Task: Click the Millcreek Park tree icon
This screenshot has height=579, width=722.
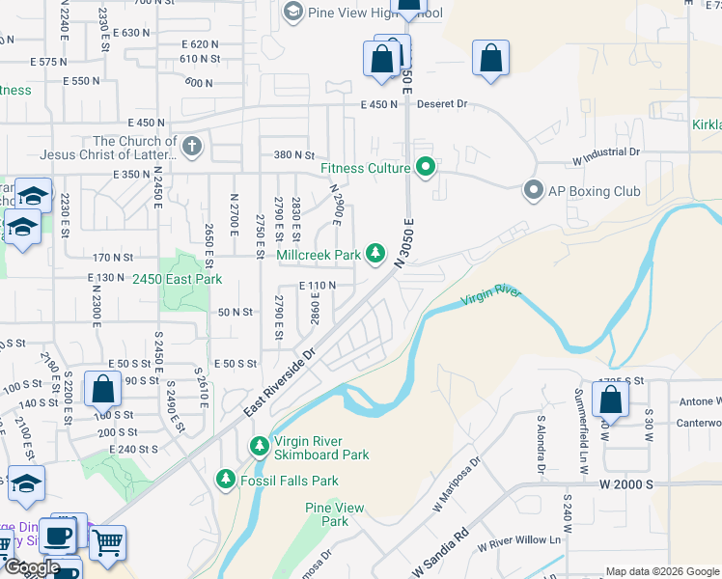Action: coord(375,255)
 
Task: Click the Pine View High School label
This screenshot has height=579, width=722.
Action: coord(375,13)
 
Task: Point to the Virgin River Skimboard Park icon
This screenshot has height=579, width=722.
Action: coord(259,447)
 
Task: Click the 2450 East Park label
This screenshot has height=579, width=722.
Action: coord(178,280)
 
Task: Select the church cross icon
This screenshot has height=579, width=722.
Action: coord(191,148)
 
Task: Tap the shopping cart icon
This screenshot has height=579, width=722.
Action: coord(107,542)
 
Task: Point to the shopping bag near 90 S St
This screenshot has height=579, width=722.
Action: coord(102,390)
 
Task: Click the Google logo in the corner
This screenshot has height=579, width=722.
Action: coord(31,567)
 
